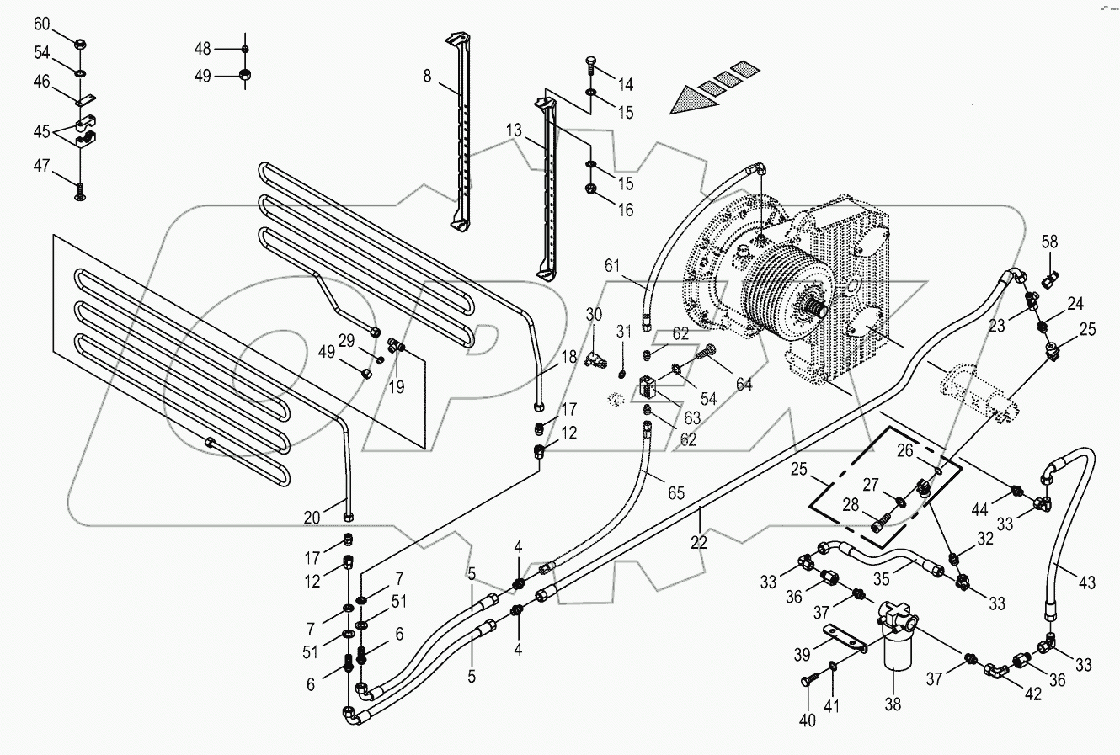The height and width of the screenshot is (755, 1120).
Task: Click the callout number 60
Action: click(42, 24)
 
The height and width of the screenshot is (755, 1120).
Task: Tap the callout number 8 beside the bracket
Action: click(427, 76)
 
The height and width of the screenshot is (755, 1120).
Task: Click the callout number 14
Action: click(625, 84)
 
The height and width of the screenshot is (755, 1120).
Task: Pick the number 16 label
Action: click(625, 210)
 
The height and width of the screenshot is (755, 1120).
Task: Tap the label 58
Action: click(1049, 242)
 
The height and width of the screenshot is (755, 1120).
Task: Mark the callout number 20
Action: click(312, 518)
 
